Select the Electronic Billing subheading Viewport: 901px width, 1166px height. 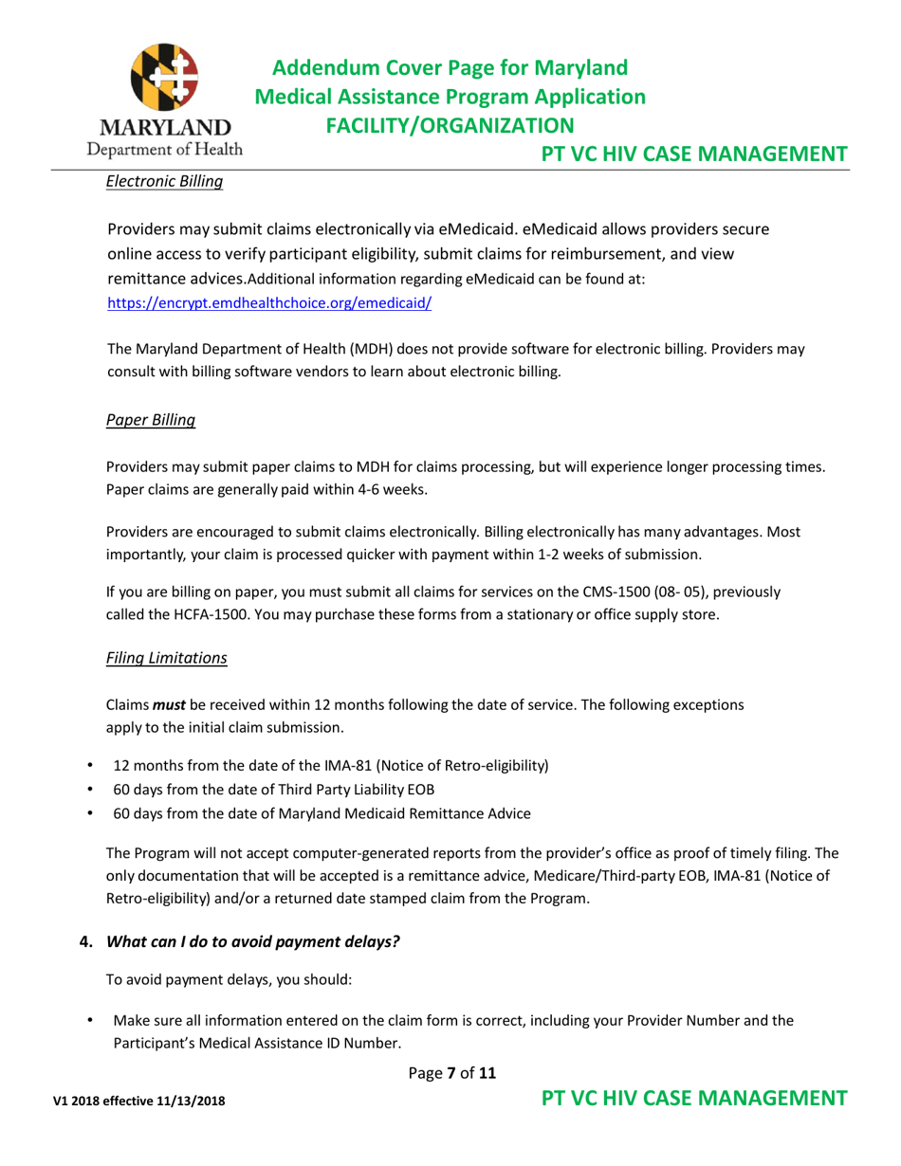[x=163, y=180]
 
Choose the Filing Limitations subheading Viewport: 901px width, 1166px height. [x=166, y=657]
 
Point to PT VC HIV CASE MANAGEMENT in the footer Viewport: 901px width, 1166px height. [x=694, y=1100]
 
